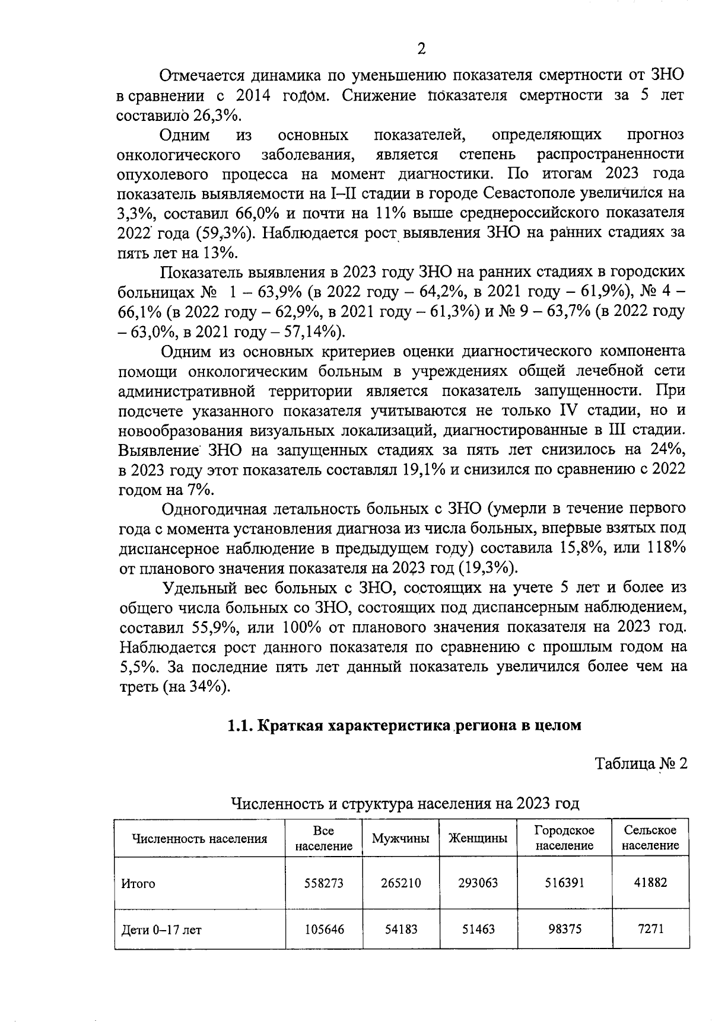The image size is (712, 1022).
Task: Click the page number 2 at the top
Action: (421, 49)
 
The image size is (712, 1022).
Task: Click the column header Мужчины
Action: (401, 839)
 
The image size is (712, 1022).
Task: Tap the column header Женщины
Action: (478, 839)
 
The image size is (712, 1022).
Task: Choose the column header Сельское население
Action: (650, 838)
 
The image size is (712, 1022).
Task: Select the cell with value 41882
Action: (650, 883)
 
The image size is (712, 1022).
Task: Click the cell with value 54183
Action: (401, 929)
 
